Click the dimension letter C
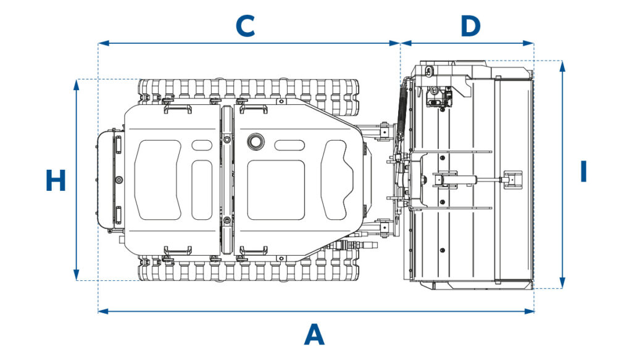pyautogui.click(x=245, y=26)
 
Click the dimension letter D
pyautogui.click(x=470, y=26)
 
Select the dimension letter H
pyautogui.click(x=56, y=180)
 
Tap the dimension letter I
pyautogui.click(x=583, y=171)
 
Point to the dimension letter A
pyautogui.click(x=314, y=335)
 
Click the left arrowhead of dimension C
pyautogui.click(x=103, y=43)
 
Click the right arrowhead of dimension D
pyautogui.click(x=529, y=43)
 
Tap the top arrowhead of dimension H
pyautogui.click(x=77, y=84)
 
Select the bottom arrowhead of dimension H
pyautogui.click(x=77, y=275)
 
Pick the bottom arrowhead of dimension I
pyautogui.click(x=563, y=283)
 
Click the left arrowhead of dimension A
pyautogui.click(x=103, y=311)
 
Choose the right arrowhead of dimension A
pyautogui.click(x=529, y=311)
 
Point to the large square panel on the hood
pyautogui.click(x=276, y=190)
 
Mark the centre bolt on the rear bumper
pyautogui.click(x=118, y=180)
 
